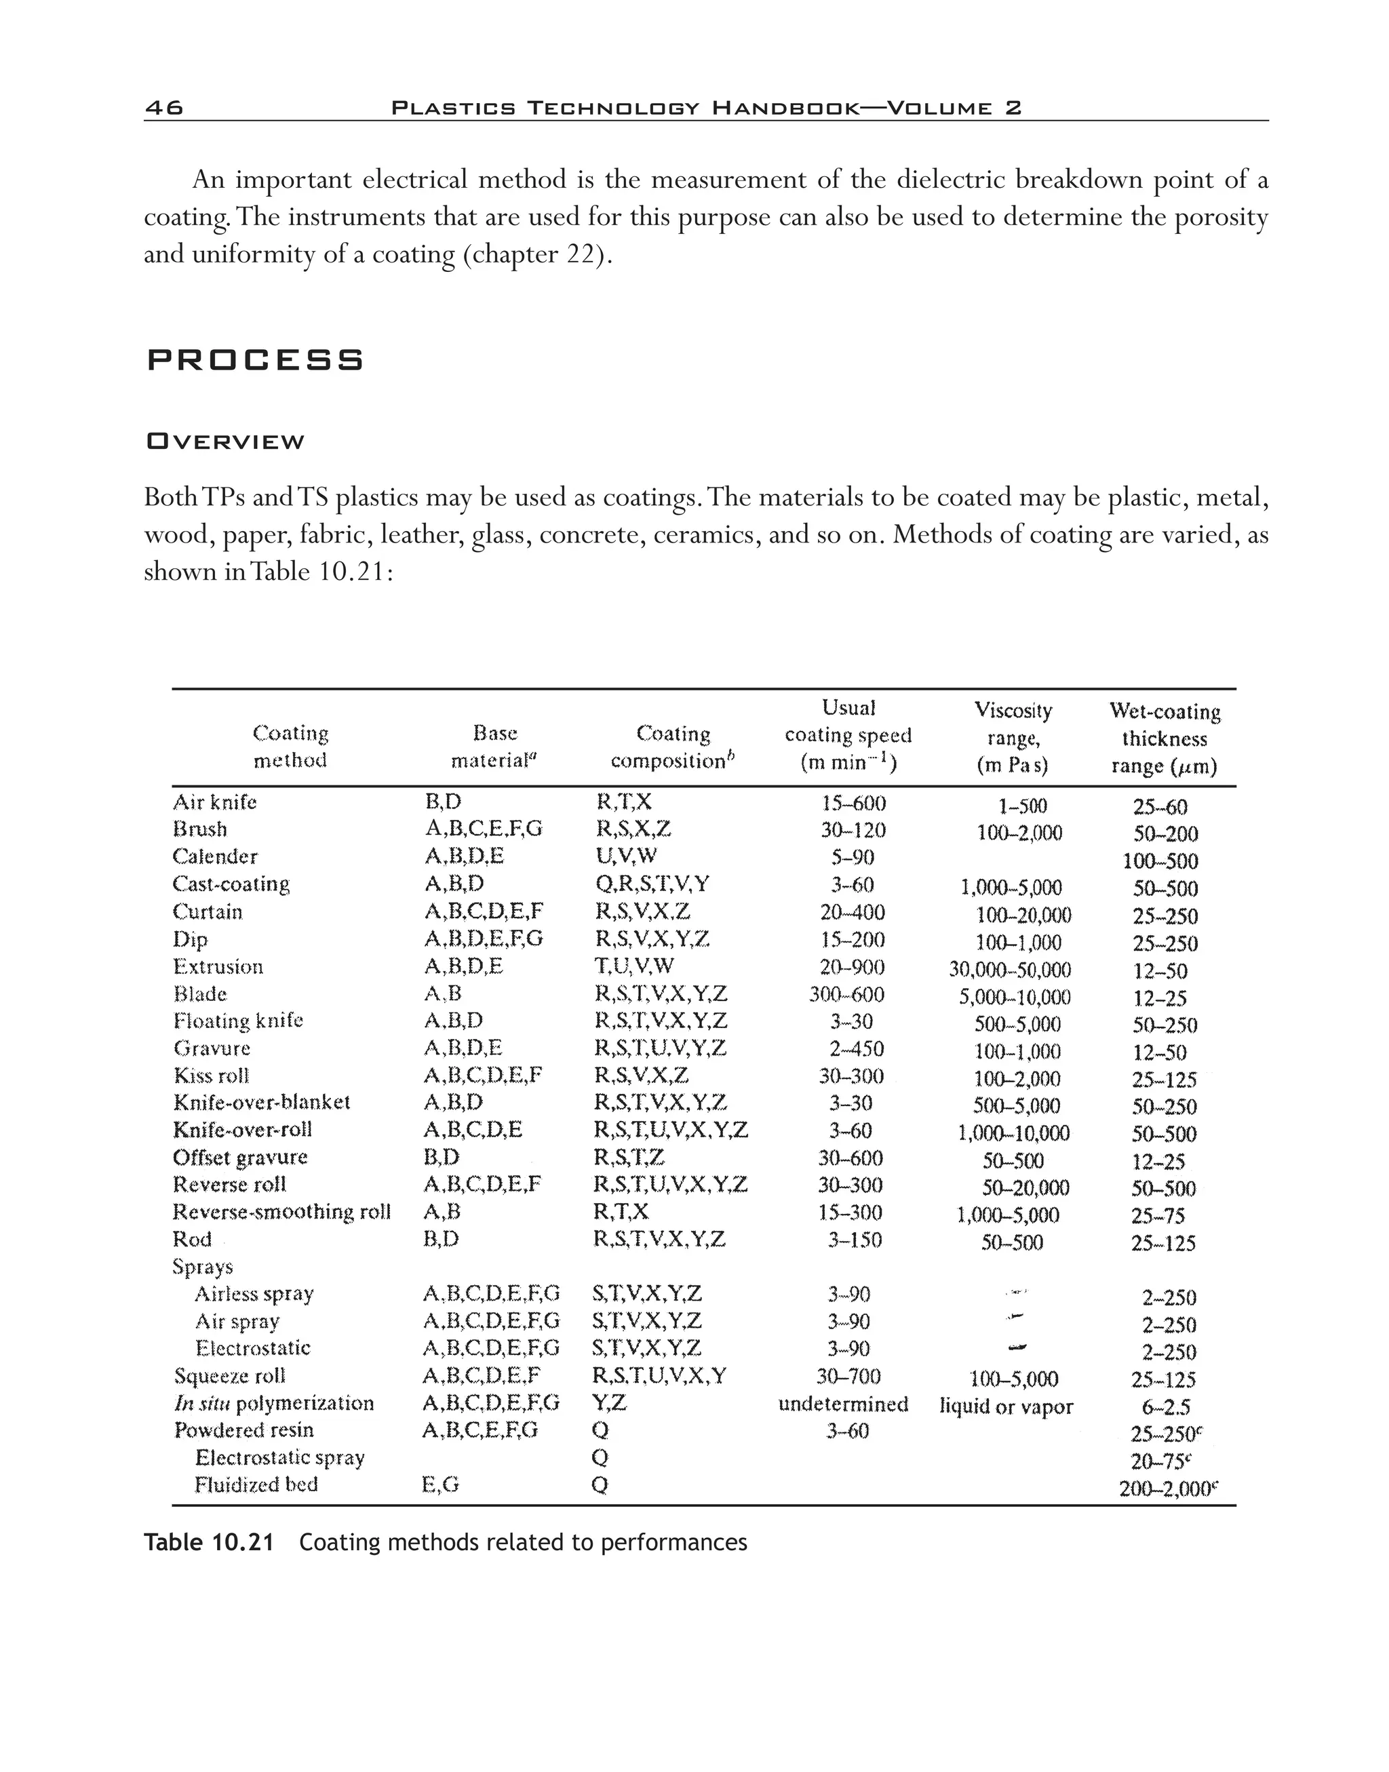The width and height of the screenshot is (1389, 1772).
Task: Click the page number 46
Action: pyautogui.click(x=164, y=107)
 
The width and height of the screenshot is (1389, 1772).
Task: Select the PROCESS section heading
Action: pyautogui.click(x=256, y=359)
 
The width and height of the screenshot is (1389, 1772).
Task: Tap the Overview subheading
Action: pyautogui.click(x=224, y=441)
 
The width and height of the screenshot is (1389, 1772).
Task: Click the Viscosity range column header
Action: pyautogui.click(x=1013, y=738)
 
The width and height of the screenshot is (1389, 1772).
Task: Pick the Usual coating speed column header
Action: pyautogui.click(x=848, y=735)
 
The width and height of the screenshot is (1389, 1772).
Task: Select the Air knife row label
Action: pyautogui.click(x=215, y=803)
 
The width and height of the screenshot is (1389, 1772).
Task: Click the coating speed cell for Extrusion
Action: pyautogui.click(x=851, y=967)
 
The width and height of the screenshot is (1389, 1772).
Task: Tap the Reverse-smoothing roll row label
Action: pyautogui.click(x=281, y=1212)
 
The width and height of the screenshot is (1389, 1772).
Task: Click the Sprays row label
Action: pyautogui.click(x=203, y=1267)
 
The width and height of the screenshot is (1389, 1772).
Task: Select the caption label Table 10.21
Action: pyautogui.click(x=209, y=1543)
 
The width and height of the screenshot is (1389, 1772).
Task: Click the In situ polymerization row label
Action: pyautogui.click(x=274, y=1404)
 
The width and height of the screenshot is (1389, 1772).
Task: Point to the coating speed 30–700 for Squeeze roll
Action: pyautogui.click(x=848, y=1376)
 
